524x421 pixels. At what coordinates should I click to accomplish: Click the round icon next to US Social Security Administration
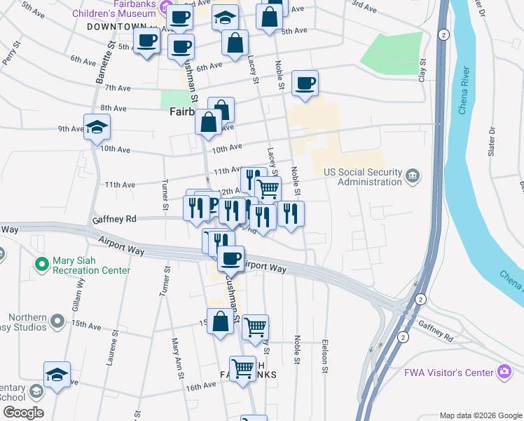pos(412,175)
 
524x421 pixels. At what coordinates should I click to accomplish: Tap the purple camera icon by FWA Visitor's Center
pos(503,370)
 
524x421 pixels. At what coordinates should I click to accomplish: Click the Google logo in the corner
pos(22,413)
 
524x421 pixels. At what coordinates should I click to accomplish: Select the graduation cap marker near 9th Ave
pos(97,127)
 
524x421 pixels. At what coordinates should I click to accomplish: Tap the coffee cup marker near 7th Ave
pos(305,83)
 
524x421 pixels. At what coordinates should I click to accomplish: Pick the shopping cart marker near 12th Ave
pos(268,188)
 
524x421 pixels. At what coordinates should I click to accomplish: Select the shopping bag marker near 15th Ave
pos(220,322)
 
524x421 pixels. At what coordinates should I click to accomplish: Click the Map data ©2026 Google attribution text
pos(480,415)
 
